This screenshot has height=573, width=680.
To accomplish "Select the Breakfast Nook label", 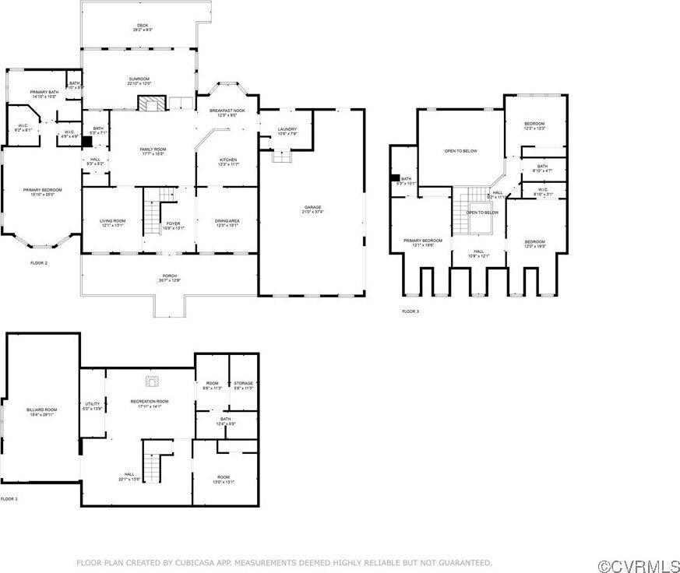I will pos(227,113).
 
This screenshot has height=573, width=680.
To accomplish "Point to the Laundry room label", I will pos(287,131).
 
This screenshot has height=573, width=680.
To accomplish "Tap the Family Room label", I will pos(153,150).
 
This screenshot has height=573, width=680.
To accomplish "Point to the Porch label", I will pos(169,277).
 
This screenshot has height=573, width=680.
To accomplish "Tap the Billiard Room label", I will pos(43,411).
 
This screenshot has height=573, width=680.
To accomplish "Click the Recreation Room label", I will pos(149,403).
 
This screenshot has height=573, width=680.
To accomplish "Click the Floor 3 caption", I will pos(410,311).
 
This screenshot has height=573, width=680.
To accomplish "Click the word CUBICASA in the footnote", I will pos(219,562).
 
